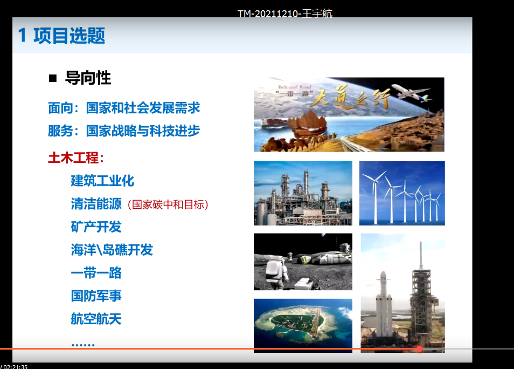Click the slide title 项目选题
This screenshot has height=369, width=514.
click(69, 36)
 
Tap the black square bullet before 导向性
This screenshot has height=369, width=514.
click(53, 78)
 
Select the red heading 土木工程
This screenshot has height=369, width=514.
click(73, 158)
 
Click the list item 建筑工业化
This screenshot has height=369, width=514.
click(102, 181)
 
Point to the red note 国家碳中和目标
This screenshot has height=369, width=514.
click(168, 204)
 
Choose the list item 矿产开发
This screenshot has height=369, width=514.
click(96, 227)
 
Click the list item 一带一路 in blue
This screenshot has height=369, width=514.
click(96, 273)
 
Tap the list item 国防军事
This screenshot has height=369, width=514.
click(96, 296)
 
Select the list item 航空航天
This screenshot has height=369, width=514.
click(96, 319)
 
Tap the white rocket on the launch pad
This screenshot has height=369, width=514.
click(383, 304)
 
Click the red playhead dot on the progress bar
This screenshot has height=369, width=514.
click(419, 348)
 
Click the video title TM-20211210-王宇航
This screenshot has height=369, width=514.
click(285, 13)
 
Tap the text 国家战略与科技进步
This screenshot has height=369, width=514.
click(143, 131)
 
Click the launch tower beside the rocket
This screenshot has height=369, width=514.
click(422, 296)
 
